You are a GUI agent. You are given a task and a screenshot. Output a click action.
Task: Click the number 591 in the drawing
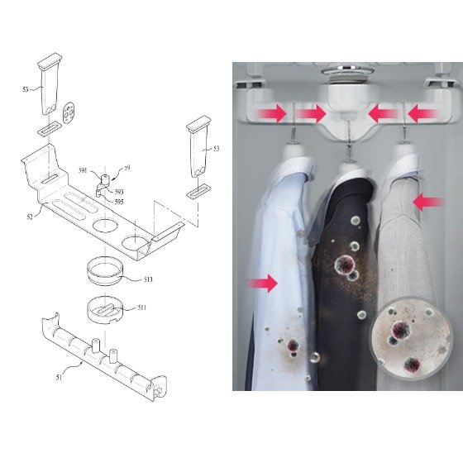[84, 170]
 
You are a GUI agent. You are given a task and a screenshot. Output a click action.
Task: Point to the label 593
[119, 192]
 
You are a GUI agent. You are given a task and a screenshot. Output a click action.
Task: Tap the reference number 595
[119, 202]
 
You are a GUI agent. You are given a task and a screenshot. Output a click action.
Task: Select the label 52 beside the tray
[30, 217]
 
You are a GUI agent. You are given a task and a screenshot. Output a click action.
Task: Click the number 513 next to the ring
[148, 279]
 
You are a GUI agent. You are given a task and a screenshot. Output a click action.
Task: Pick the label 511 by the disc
[141, 308]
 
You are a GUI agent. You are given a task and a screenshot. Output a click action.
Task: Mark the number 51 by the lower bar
[59, 377]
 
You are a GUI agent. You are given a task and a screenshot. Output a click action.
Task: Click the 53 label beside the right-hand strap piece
[217, 149]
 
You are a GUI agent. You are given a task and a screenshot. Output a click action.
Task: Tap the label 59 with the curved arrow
[127, 168]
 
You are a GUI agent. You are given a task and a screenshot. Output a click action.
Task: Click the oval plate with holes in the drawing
[69, 112]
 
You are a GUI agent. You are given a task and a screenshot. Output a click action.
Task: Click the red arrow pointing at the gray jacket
[427, 203]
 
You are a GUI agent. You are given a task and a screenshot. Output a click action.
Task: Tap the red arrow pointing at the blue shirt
[263, 284]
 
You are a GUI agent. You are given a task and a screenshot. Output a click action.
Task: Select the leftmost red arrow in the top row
[272, 113]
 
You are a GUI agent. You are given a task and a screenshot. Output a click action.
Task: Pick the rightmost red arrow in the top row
[423, 114]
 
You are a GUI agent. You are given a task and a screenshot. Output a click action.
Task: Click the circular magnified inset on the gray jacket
[411, 338]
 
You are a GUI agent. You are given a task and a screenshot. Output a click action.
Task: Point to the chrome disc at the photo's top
[347, 71]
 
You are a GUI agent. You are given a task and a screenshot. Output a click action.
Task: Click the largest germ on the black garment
[345, 265]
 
